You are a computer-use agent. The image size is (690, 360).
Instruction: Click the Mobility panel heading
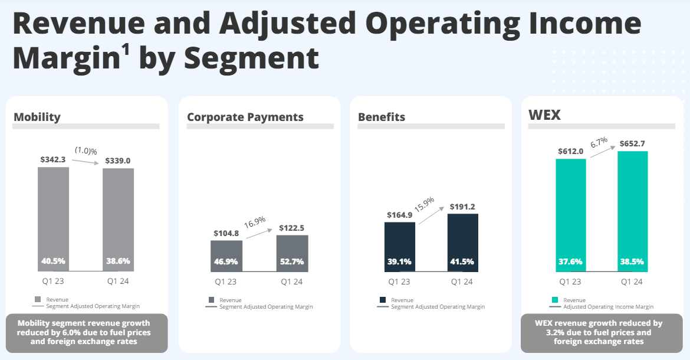point(37,117)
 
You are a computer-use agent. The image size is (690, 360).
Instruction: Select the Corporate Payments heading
point(245,117)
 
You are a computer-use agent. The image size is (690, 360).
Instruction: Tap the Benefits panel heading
point(382,117)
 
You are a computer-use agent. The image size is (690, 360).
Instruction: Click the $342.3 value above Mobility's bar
point(54,159)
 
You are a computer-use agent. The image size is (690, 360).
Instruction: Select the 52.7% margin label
point(292,261)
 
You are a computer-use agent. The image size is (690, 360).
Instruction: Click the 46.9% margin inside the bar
point(226,261)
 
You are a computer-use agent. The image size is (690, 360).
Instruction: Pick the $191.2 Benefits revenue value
point(463,207)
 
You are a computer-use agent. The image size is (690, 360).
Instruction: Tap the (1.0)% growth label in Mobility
point(86,151)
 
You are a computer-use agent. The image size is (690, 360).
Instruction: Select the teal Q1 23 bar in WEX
point(570,212)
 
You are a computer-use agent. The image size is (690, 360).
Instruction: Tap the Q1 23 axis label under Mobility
point(53,282)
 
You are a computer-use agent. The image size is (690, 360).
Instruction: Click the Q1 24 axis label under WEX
point(632,282)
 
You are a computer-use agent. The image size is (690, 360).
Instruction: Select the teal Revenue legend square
point(554,300)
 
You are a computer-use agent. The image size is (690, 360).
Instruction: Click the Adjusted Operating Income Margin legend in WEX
point(608,307)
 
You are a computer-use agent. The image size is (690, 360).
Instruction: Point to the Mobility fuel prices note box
point(86,332)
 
